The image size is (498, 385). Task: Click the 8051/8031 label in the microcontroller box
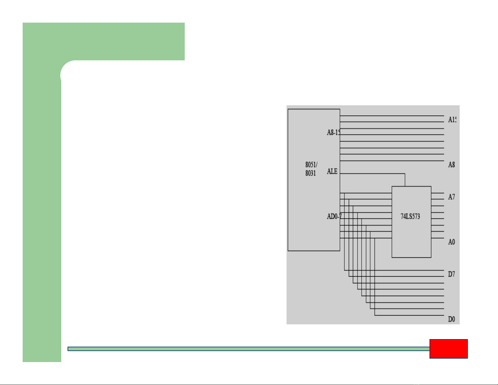(311, 169)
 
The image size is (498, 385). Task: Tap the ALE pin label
(332, 172)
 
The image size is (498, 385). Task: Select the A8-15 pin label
(333, 133)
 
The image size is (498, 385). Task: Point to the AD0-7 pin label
(334, 217)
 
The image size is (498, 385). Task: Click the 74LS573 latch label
(410, 217)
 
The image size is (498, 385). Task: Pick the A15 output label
(452, 120)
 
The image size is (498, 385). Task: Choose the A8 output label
(451, 165)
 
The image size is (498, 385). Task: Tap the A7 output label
(451, 197)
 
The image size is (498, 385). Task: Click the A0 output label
(451, 242)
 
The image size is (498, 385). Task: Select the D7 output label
(451, 274)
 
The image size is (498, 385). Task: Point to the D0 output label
(451, 319)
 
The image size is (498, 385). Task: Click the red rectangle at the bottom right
(448, 349)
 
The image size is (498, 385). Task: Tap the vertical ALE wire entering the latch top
(405, 180)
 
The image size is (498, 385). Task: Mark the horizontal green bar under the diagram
(248, 349)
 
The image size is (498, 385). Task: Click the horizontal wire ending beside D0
(408, 315)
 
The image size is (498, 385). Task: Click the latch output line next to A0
(437, 238)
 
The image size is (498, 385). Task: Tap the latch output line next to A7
(437, 193)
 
